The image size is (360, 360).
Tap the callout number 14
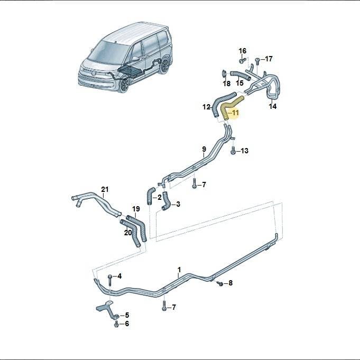273,106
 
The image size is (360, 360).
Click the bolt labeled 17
257,61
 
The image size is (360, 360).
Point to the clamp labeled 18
224,73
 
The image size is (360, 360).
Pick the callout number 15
239,83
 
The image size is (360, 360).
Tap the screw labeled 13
233,151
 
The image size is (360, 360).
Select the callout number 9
204,149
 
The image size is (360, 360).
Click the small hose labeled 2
150,196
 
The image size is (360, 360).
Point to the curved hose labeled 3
166,201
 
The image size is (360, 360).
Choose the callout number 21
105,189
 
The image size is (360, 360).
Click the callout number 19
136,209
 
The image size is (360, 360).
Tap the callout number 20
128,233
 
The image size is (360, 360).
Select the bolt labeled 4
110,280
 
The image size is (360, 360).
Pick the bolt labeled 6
116,324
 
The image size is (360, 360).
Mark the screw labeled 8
220,283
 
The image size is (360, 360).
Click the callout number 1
179,270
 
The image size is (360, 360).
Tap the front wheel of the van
124,86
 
